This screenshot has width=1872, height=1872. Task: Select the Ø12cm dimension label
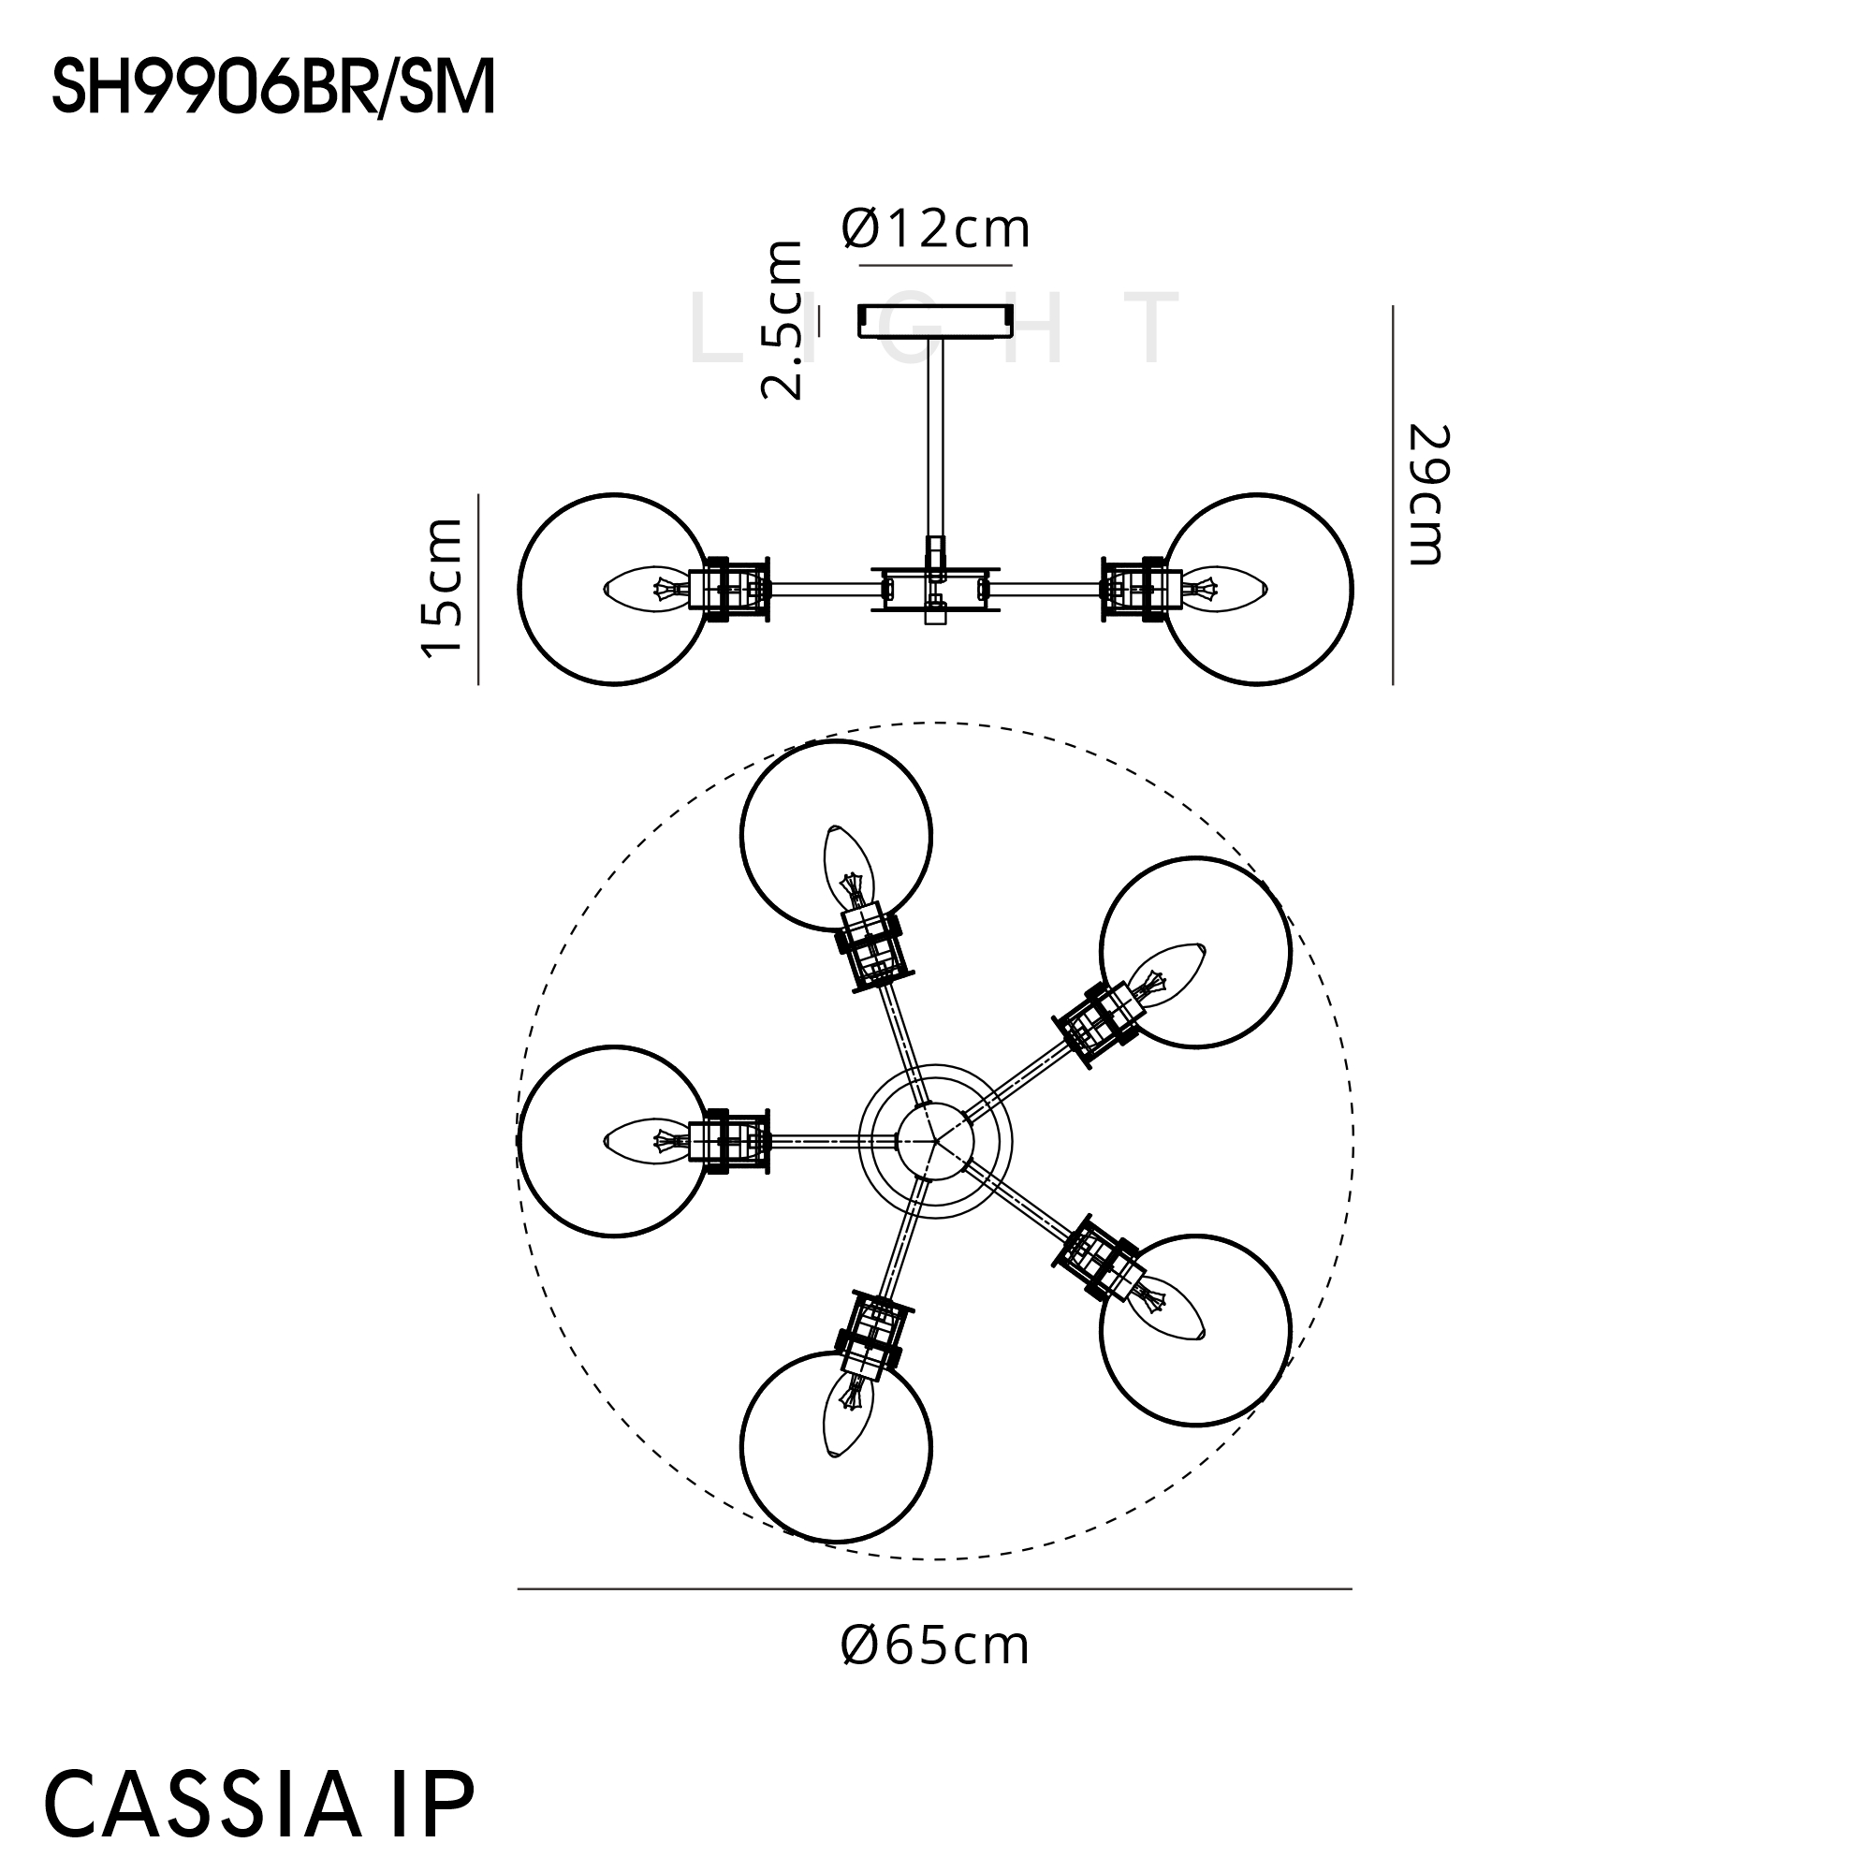936,229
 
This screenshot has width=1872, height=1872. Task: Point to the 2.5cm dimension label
782,321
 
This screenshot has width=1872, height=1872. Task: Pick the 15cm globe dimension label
442,588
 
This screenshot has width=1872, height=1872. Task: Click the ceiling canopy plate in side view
936,322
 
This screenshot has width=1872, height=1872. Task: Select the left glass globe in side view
614,589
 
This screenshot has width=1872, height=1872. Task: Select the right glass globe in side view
1258,589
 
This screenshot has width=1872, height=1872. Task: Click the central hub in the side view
936,588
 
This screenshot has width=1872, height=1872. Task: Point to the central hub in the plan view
935,1141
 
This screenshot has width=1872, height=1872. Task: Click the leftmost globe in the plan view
614,1141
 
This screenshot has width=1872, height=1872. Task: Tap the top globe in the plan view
836,836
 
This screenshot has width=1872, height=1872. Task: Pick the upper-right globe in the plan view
1195,953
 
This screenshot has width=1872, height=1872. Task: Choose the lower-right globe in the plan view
1195,1330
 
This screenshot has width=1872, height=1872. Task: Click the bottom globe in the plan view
836,1447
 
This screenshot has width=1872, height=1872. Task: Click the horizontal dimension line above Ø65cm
935,1589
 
